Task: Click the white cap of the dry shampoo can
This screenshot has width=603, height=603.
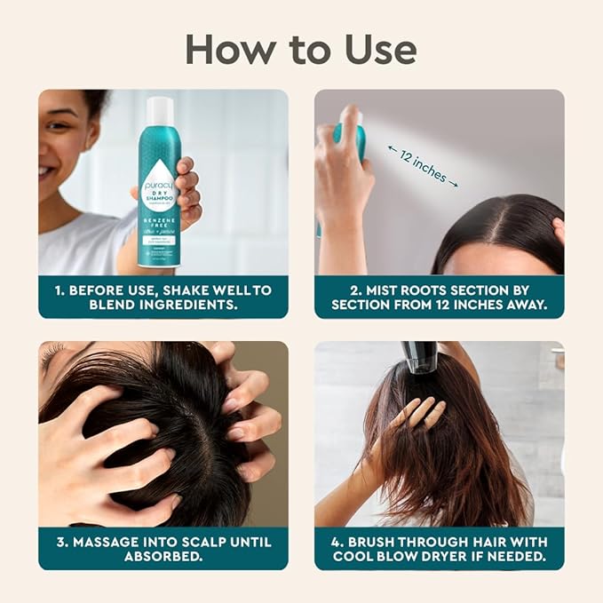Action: tap(160, 110)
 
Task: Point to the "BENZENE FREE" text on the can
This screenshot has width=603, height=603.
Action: tap(159, 219)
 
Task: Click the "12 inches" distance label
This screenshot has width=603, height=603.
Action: tap(423, 165)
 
